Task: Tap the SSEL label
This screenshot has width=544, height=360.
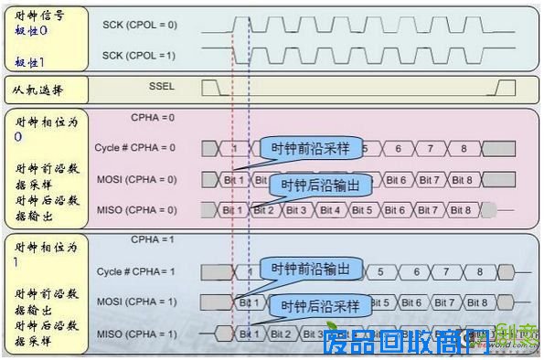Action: coord(160,88)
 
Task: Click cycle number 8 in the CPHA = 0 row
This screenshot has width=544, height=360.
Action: coord(464,148)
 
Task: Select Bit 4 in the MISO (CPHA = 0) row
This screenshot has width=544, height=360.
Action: coord(330,210)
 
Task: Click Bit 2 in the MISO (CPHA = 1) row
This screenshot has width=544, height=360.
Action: coord(282,334)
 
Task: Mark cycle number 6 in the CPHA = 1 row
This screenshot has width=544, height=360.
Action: coord(416,271)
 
